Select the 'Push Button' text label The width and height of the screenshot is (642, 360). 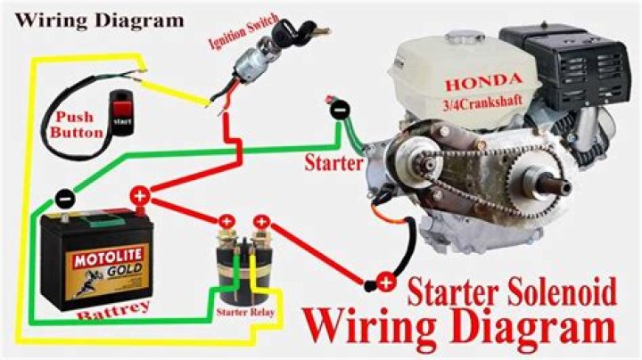point(80,124)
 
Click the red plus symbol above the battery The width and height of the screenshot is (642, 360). point(139,196)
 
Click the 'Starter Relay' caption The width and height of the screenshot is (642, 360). point(243,314)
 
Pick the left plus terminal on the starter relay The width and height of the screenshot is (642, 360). point(226,222)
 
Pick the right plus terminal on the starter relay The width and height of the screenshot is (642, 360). point(261,222)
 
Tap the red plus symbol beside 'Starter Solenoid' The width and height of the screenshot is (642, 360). point(384,283)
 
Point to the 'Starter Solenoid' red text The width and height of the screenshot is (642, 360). point(506,290)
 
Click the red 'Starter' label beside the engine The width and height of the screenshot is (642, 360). point(333,164)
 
